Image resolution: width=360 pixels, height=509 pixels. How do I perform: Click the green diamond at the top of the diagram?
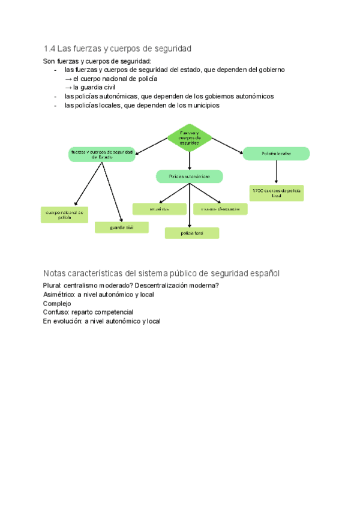189,137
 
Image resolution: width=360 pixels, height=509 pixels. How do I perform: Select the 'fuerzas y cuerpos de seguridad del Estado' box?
101,154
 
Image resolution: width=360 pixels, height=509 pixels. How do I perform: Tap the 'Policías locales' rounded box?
276,154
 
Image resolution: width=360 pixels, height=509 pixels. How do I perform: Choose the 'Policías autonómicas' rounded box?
189,176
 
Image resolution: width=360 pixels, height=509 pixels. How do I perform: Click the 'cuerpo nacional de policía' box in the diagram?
64,214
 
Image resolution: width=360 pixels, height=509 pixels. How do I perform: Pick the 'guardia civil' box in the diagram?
121,227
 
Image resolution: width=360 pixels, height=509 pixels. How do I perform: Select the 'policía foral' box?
192,233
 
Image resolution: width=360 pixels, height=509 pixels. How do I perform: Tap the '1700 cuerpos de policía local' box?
277,193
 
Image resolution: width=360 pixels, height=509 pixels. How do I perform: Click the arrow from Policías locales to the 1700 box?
277,172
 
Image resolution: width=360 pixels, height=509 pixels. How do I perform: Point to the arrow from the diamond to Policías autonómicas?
189,160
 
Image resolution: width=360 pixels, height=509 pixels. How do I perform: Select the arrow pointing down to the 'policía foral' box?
190,204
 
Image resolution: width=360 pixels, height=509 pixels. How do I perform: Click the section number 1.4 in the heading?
49,48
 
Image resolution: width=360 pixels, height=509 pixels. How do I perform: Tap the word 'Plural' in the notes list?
52,285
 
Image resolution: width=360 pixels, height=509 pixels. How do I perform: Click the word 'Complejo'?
57,303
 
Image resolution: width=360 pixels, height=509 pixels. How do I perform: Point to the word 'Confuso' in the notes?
56,312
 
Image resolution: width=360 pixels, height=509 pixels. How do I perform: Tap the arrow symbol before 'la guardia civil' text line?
68,87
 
